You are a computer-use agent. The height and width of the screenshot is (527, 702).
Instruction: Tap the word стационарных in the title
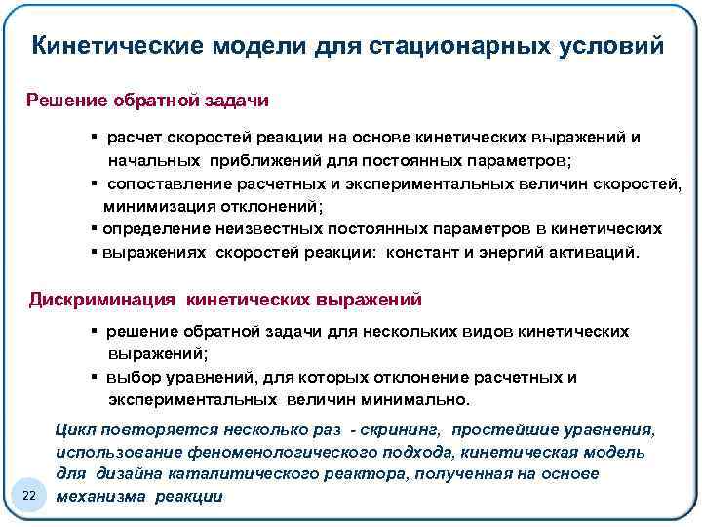[451, 46]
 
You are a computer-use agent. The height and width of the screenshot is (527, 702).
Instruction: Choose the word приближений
[257, 160]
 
